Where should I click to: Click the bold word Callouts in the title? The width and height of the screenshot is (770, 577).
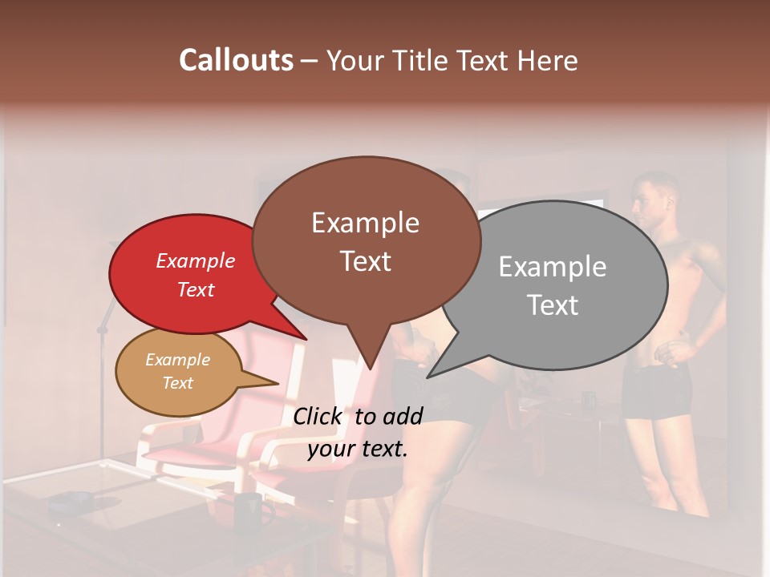point(236,60)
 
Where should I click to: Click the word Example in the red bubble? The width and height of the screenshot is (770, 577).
point(195,260)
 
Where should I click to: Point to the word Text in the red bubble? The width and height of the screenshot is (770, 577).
point(195,289)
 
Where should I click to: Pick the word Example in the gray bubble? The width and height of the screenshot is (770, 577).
point(552,267)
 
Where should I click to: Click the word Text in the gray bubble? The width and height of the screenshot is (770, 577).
point(553,305)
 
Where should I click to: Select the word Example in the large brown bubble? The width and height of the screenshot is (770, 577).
point(365,223)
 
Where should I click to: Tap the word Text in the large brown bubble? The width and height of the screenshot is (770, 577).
point(365,261)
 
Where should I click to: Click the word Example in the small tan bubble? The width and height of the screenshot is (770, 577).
point(177,360)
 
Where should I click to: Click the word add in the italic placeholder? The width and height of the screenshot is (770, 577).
point(404,416)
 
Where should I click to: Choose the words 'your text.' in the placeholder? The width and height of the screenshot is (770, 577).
point(357,449)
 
